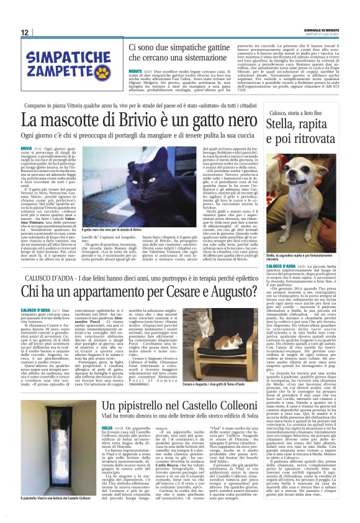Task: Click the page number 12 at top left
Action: (25, 32)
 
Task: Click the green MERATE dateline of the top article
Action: (135, 71)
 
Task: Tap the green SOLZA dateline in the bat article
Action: (107, 428)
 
